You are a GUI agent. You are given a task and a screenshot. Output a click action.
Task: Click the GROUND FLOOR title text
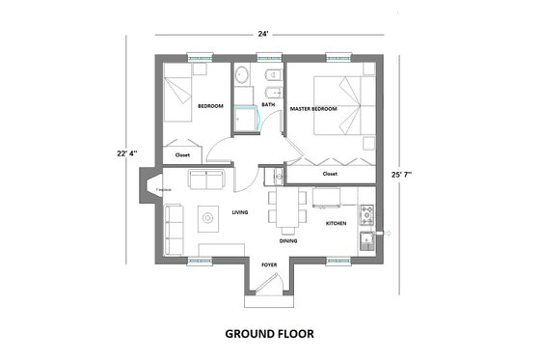pos(269,334)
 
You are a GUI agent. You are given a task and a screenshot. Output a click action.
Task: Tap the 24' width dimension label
pos(262,34)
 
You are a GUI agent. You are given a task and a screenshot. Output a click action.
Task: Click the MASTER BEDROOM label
pos(314,109)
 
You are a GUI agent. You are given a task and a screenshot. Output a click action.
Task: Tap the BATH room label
pos(268,104)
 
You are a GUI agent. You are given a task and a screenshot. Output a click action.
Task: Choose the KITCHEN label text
pos(336,223)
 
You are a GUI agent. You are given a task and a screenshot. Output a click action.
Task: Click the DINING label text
pos(288,240)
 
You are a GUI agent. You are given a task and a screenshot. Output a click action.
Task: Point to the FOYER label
pos(269,263)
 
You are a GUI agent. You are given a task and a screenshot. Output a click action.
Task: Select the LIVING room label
pos(241,211)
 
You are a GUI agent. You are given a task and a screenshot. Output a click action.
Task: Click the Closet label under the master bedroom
pos(330,174)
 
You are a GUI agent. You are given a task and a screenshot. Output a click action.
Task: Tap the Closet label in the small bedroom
pos(182,154)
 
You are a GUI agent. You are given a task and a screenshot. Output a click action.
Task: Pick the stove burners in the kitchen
pos(366,214)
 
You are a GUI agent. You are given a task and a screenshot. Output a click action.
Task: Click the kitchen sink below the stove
pos(366,240)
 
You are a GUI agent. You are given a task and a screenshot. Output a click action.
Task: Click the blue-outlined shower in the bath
pos(248,117)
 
